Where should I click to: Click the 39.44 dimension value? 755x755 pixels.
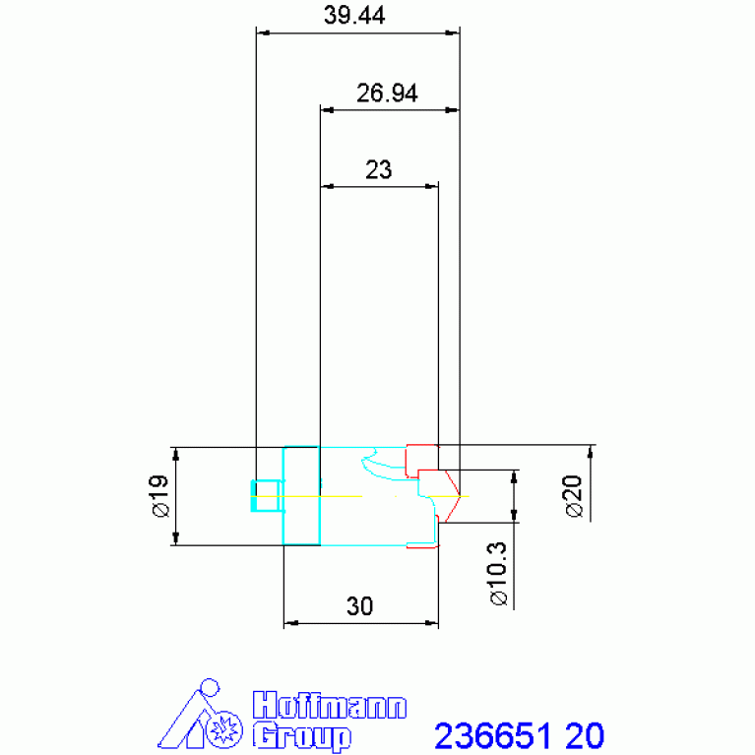click(x=354, y=15)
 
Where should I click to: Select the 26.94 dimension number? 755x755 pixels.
click(x=387, y=93)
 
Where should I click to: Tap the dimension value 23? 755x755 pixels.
click(x=378, y=170)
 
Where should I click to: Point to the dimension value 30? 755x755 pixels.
click(x=359, y=606)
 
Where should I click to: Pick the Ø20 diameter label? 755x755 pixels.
click(x=574, y=496)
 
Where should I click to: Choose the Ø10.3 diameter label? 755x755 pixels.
click(x=498, y=574)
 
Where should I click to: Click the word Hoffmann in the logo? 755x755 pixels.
click(x=330, y=706)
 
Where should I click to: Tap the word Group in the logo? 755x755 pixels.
click(x=302, y=736)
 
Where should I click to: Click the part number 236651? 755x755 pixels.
click(x=492, y=736)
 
